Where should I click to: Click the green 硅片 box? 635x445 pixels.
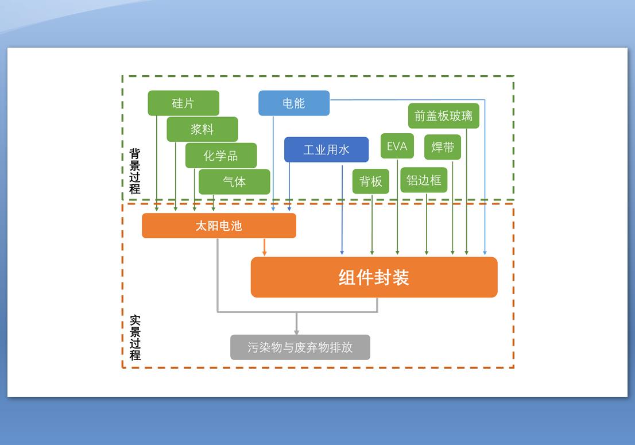[183, 103]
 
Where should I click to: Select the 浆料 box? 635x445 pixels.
[202, 129]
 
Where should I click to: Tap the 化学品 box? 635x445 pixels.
[220, 156]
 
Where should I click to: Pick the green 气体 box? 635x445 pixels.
[234, 181]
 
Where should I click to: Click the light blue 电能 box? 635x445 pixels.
[294, 103]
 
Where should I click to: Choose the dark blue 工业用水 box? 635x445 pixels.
[326, 150]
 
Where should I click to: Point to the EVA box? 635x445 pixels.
[397, 146]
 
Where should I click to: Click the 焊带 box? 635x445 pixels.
[443, 148]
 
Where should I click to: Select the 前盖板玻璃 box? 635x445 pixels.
[443, 116]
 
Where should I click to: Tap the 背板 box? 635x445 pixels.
[371, 181]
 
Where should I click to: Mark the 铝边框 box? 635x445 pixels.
[424, 180]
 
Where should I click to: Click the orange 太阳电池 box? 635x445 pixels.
[219, 226]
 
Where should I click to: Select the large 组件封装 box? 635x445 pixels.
[374, 277]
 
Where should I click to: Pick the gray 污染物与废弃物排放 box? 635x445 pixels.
[300, 347]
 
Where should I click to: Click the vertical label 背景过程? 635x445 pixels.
[134, 171]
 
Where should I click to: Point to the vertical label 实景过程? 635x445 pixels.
[134, 338]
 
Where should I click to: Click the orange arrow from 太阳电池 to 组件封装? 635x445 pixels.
[264, 247]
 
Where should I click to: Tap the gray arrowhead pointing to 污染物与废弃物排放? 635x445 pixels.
[296, 330]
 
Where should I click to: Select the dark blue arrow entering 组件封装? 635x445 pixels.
[342, 212]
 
